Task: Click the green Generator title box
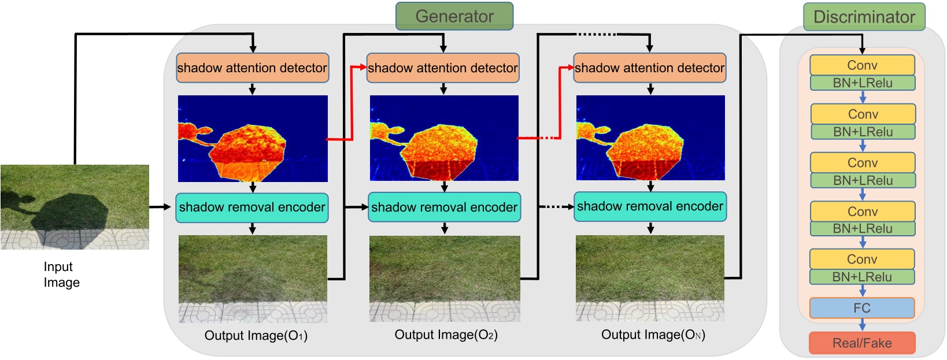tap(454, 16)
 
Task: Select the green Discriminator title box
tap(864, 17)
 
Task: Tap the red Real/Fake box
tap(862, 343)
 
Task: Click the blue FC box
tap(862, 308)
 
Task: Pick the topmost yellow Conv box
tap(862, 65)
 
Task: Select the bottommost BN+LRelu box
tap(862, 277)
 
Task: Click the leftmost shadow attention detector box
tap(252, 68)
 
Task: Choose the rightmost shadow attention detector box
tap(649, 68)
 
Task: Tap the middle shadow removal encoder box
tap(444, 207)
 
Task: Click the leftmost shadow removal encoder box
tap(252, 207)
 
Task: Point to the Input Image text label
tap(61, 274)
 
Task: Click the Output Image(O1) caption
tap(256, 336)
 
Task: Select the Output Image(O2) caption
tap(446, 335)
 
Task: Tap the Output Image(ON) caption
tap(653, 335)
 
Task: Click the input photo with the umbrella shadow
tap(75, 207)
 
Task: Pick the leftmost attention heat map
tap(253, 139)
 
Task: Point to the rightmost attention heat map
tap(650, 138)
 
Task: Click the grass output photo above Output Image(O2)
tap(445, 279)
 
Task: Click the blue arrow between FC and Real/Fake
tap(862, 325)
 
